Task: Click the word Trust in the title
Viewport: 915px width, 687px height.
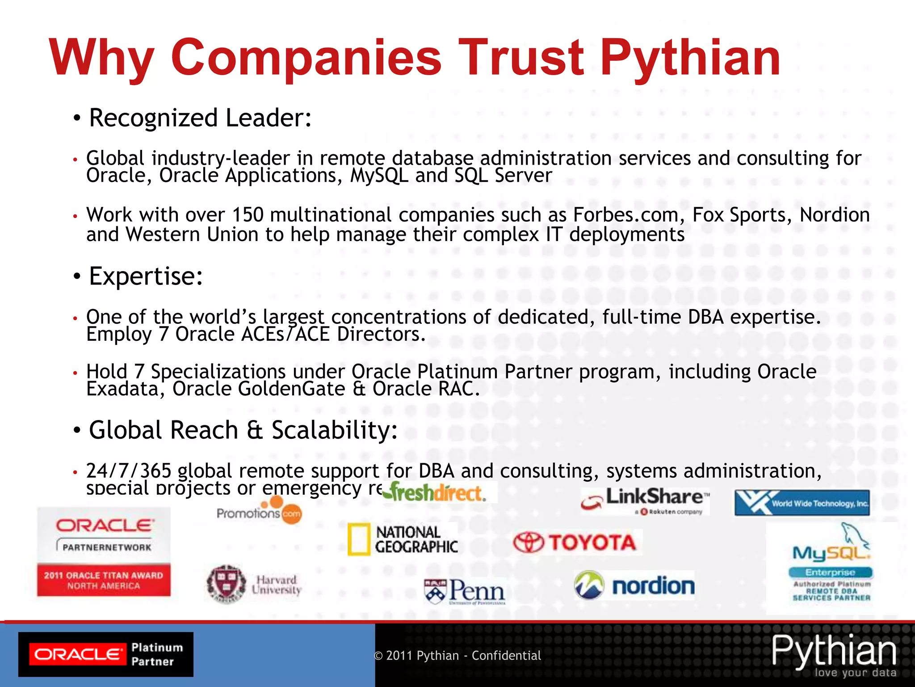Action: (520, 58)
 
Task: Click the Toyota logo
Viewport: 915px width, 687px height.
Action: (576, 543)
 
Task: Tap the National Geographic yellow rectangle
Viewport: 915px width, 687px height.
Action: (359, 539)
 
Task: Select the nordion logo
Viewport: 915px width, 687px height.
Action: (634, 585)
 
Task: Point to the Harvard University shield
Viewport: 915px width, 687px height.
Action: (226, 584)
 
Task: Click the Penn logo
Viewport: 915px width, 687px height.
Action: (465, 590)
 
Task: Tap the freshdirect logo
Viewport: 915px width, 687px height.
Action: (436, 493)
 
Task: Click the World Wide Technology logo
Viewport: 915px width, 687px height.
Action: (802, 503)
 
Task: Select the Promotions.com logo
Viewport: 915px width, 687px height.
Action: (259, 512)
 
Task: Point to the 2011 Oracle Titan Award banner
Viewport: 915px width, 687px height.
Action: (104, 580)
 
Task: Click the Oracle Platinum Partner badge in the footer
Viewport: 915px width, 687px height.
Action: (106, 654)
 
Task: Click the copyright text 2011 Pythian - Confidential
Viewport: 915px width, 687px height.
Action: (457, 656)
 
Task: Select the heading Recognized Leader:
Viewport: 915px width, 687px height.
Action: (200, 118)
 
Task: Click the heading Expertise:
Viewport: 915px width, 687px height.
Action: (146, 276)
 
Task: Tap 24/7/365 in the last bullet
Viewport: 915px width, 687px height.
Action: (129, 471)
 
